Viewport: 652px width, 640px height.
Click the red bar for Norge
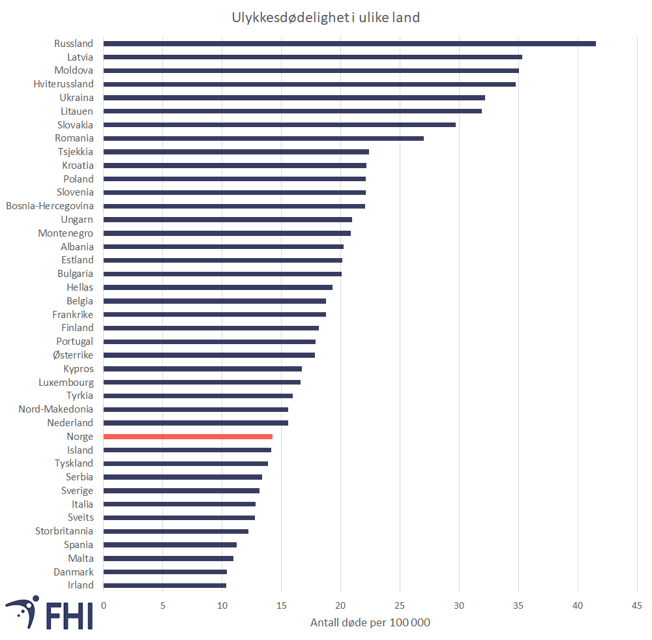(x=188, y=437)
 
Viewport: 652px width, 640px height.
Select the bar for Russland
(x=349, y=44)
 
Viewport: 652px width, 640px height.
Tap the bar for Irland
(x=165, y=585)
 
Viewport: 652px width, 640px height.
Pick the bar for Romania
(x=263, y=138)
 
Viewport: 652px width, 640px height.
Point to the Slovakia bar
(x=280, y=124)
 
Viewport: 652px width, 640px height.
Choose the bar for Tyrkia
(x=198, y=396)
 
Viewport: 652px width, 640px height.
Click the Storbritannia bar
(x=176, y=531)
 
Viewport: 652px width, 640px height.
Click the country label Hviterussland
(x=63, y=84)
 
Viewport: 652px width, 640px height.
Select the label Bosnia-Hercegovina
(x=50, y=206)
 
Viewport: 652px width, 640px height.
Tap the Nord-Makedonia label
(x=55, y=409)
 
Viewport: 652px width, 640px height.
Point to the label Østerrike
(x=73, y=355)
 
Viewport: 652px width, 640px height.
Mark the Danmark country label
(x=74, y=572)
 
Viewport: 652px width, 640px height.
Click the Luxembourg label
(x=66, y=383)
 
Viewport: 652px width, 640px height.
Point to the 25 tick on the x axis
(x=400, y=606)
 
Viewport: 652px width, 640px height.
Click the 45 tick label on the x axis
(x=636, y=606)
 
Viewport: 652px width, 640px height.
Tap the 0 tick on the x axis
(x=104, y=606)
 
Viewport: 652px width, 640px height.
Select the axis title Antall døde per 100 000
(x=370, y=622)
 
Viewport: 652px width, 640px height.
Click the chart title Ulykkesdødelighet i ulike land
(x=326, y=18)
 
